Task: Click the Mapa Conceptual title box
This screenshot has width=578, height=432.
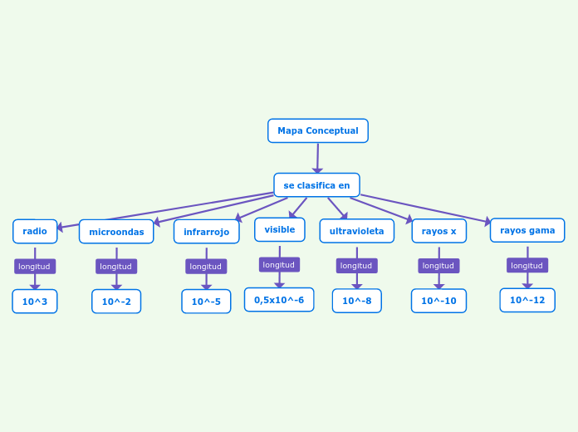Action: point(317,130)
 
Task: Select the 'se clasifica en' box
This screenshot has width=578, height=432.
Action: point(316,185)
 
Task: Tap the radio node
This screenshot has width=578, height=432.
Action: point(35,231)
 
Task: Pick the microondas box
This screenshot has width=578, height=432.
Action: point(116,232)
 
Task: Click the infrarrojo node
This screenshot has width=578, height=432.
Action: point(206,232)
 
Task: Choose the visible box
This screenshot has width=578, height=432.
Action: point(279,229)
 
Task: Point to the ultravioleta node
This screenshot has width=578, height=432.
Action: point(356,231)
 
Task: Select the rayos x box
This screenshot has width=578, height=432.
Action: point(438,231)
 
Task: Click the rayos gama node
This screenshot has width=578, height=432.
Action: point(527,230)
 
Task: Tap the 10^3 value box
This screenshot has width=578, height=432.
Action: point(35,302)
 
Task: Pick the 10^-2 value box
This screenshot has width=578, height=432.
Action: point(116,302)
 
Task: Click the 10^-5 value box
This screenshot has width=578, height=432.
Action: point(206,302)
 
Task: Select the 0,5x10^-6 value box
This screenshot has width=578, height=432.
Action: point(279,300)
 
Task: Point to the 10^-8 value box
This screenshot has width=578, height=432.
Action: point(356,301)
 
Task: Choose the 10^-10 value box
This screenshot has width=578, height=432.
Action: point(438,301)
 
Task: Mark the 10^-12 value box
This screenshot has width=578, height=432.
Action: point(527,300)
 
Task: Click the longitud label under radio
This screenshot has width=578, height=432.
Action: point(35,267)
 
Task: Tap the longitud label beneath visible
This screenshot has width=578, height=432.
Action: point(279,265)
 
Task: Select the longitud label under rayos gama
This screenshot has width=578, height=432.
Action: point(527,266)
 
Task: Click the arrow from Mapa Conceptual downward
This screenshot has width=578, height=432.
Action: point(317,158)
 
